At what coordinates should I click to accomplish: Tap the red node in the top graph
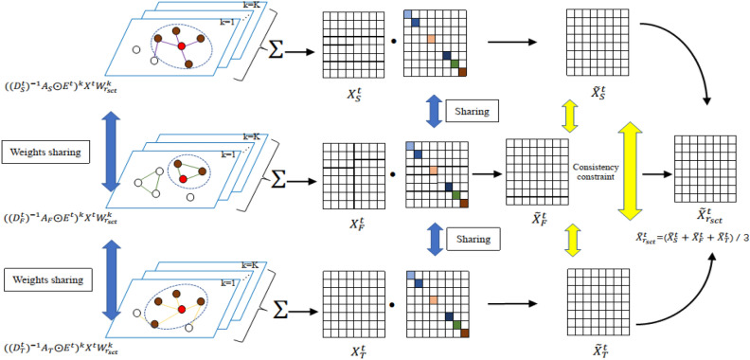click(181, 46)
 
